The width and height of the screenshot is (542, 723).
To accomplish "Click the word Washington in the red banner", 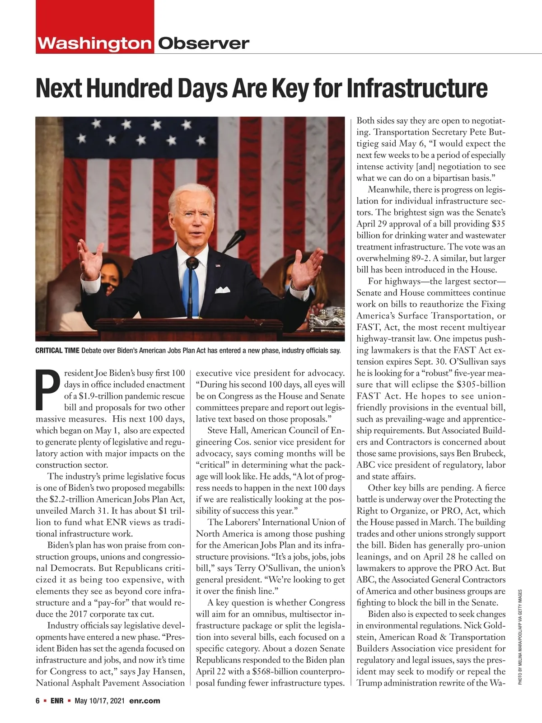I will (94, 43).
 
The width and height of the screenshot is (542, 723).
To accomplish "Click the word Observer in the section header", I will (203, 43).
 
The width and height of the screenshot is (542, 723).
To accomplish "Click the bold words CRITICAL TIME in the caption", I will (57, 351).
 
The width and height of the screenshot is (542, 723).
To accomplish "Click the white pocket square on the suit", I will (223, 290).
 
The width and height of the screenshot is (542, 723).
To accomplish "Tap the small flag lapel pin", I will (218, 265).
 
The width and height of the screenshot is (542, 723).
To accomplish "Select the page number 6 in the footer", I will (38, 701).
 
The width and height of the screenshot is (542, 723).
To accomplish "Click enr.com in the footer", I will (145, 701).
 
